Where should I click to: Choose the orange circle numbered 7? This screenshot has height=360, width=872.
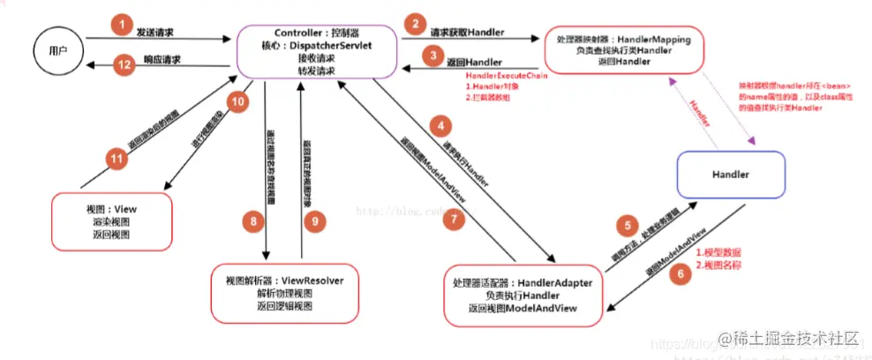pyautogui.click(x=453, y=220)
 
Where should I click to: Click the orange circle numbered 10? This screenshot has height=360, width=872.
pyautogui.click(x=236, y=102)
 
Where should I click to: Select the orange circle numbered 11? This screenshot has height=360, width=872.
pyautogui.click(x=116, y=159)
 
